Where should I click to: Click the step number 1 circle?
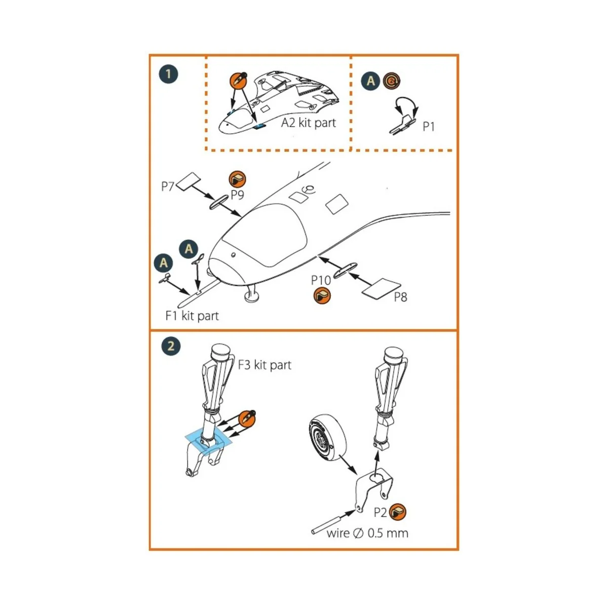click(168, 74)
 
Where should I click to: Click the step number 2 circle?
click(171, 346)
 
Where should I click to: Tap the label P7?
click(168, 186)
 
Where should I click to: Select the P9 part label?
click(238, 195)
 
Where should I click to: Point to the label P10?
click(321, 280)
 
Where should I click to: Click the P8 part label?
click(400, 297)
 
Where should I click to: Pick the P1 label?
click(429, 126)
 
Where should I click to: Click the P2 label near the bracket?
click(381, 513)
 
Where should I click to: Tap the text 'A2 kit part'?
click(309, 123)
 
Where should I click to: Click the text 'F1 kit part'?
click(192, 316)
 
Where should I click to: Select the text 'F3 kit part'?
click(264, 365)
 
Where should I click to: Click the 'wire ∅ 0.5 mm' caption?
click(367, 533)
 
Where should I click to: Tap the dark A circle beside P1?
click(370, 81)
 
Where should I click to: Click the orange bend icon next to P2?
click(398, 512)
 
